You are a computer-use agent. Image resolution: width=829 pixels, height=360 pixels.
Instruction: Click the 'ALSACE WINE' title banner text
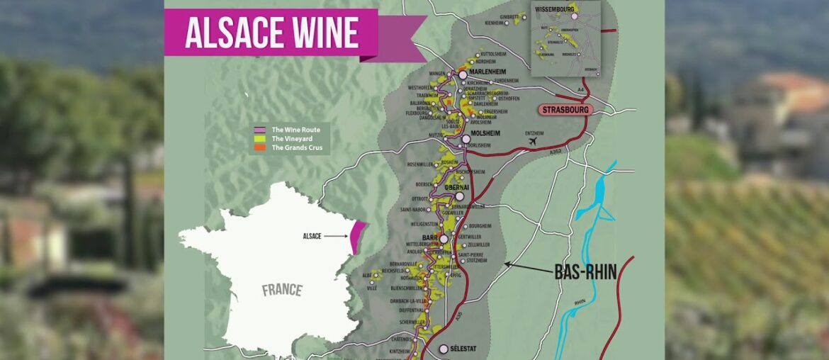[271, 33]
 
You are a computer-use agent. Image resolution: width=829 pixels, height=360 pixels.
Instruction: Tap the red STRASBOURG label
[565, 110]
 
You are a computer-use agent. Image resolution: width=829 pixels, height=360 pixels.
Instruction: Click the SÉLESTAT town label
[470, 349]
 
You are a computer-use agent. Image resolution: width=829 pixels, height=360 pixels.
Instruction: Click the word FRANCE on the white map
[282, 290]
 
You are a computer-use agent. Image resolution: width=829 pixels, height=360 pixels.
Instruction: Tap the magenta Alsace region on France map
[359, 236]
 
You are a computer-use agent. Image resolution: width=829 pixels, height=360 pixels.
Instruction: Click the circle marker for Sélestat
[444, 349]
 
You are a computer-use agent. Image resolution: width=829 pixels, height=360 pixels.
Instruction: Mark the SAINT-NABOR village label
[414, 209]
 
